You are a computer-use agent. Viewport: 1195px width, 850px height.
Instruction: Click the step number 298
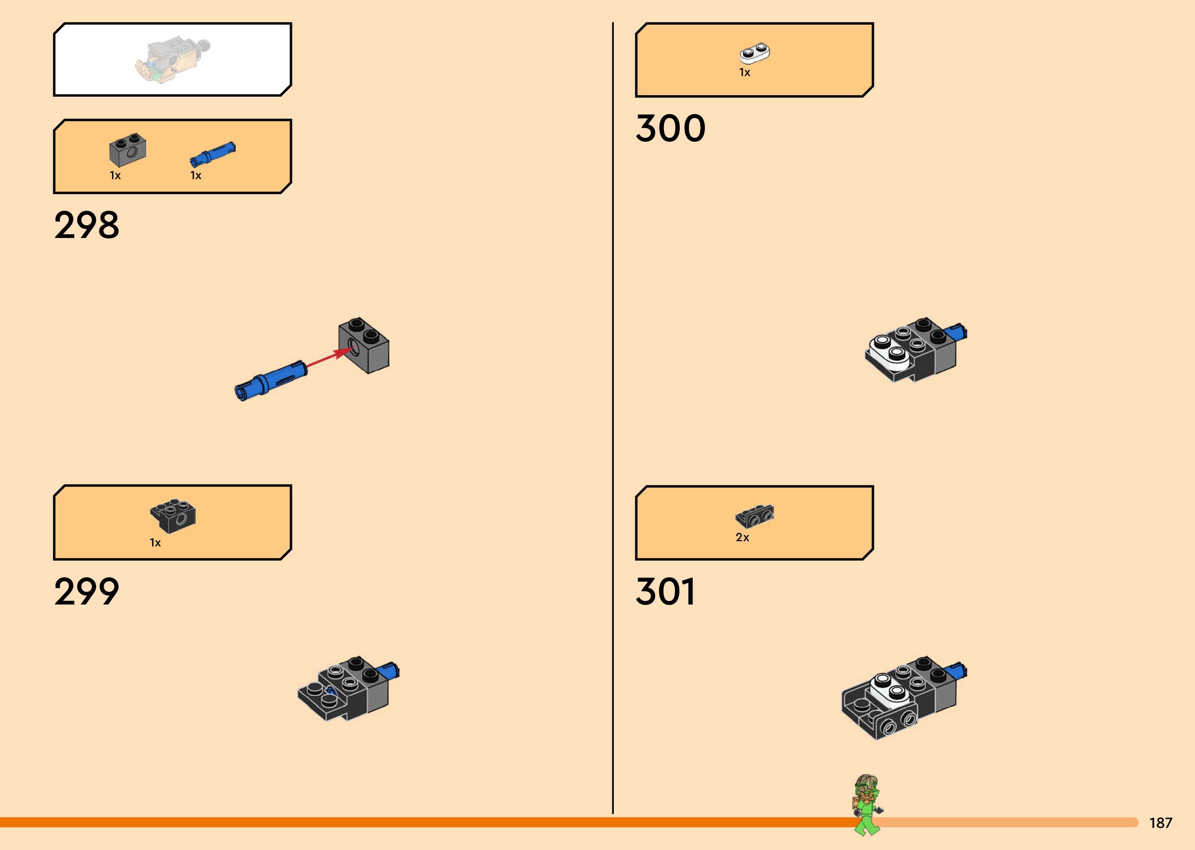point(87,225)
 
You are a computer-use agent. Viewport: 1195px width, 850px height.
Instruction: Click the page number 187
point(1161,823)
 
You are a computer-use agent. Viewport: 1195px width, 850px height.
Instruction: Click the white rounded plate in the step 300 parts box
point(754,53)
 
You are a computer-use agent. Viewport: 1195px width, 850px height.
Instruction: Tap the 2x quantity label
point(742,537)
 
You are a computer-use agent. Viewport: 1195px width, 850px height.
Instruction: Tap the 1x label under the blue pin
point(196,175)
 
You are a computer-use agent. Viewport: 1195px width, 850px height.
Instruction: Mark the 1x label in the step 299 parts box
point(156,543)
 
